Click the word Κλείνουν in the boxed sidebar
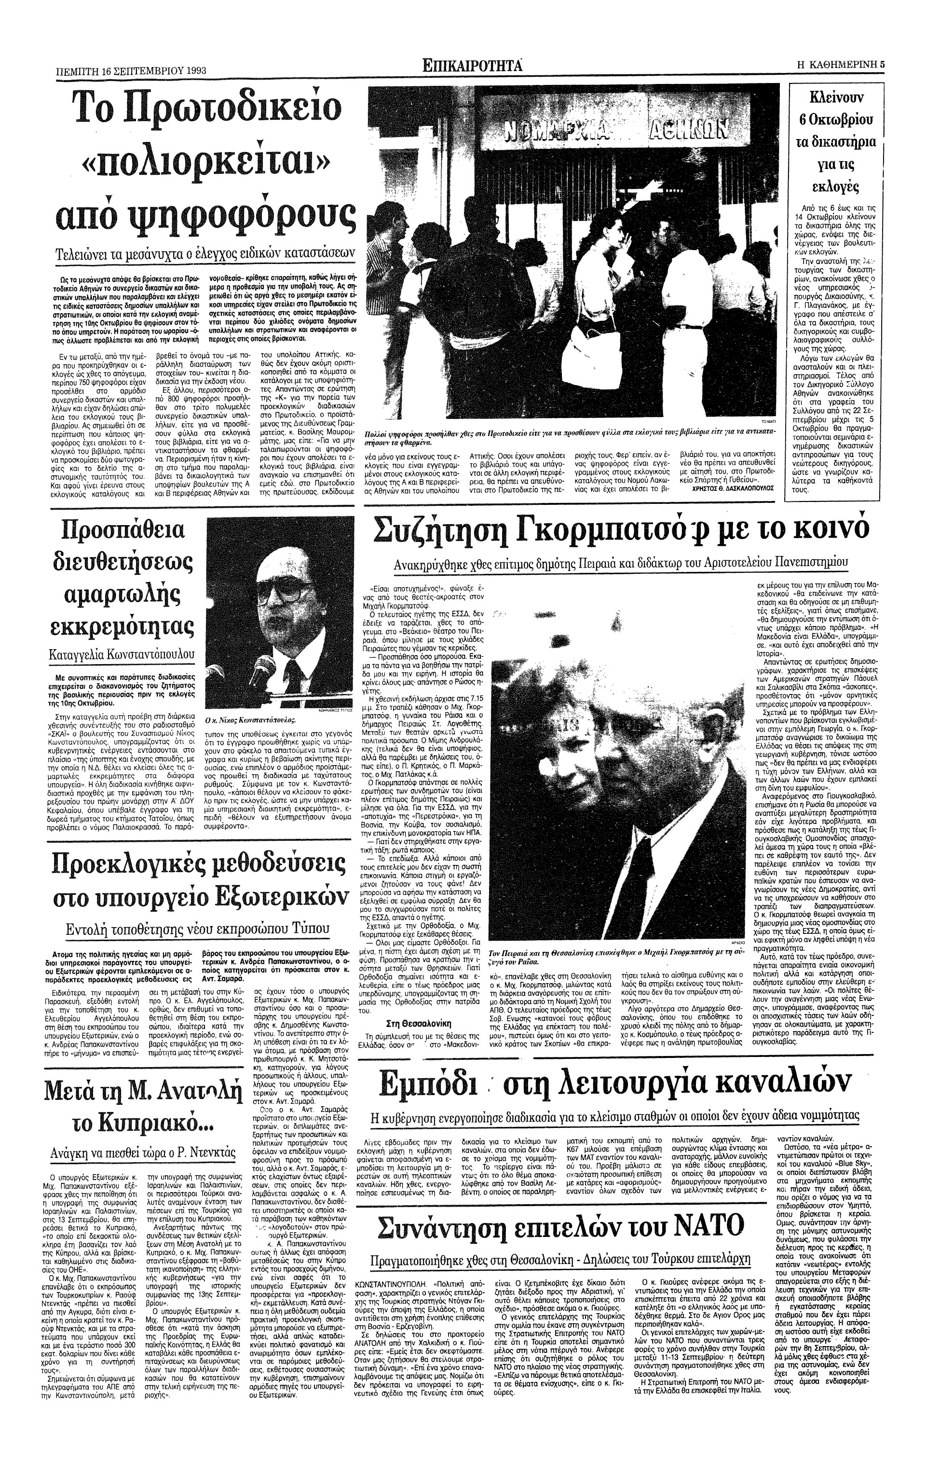(x=836, y=98)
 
